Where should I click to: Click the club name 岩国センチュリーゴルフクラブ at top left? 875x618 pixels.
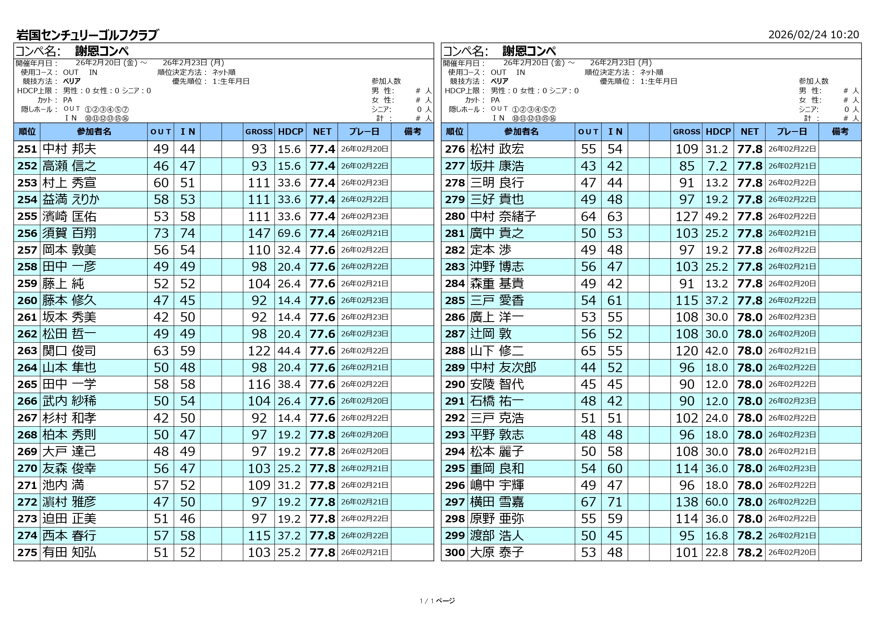pos(87,35)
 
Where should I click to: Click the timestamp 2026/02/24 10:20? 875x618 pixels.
pos(813,35)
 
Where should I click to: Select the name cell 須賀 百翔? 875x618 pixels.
pos(70,233)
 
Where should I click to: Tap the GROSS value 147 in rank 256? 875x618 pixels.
pos(259,233)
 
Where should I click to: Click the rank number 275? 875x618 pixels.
pos(27,552)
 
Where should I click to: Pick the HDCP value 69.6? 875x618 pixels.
pos(289,233)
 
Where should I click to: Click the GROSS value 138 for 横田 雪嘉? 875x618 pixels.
pos(687,502)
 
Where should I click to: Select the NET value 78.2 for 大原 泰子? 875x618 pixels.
pos(750,552)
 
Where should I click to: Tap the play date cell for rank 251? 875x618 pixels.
pos(365,149)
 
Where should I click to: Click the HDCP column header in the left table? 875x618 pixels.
pos(291,131)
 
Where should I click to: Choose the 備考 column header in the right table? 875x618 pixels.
pos(840,131)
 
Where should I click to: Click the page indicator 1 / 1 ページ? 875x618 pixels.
pos(437,601)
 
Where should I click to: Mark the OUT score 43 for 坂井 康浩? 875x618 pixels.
pos(588,166)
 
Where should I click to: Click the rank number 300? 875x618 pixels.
pos(455,552)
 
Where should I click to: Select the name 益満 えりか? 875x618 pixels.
pos(71,199)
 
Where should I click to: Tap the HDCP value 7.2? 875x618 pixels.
pos(717,166)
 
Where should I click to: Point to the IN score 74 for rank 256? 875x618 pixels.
pos(187,233)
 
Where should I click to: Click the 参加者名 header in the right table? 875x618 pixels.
pos(521,131)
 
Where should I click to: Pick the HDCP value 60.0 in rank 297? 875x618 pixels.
pos(717,502)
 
